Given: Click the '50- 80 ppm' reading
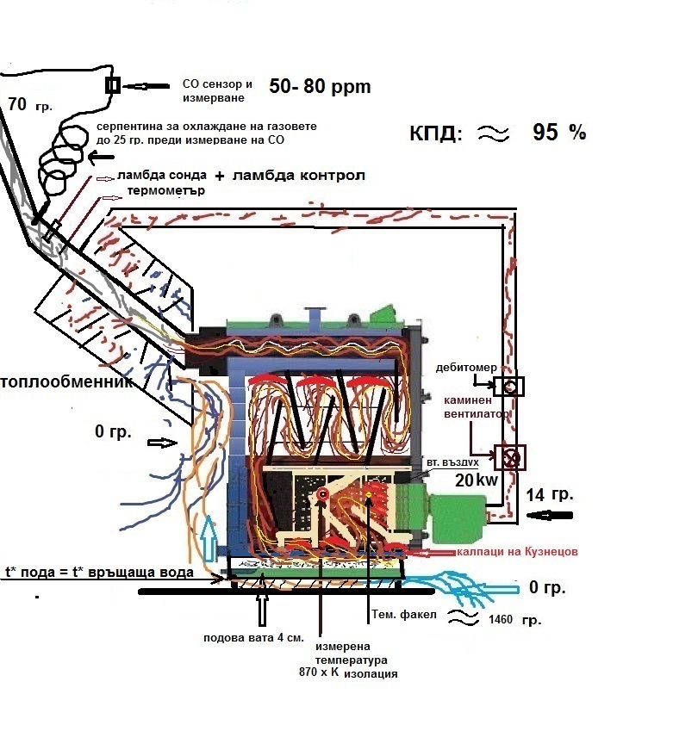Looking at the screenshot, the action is [320, 87].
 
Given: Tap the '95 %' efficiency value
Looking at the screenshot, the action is [559, 132].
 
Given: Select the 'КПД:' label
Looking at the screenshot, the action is [436, 133].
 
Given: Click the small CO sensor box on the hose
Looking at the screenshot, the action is [112, 85].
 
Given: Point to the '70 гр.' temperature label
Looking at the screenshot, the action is [29, 104].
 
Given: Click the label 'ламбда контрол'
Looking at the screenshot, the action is [299, 175].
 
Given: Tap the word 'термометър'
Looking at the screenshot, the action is [166, 190].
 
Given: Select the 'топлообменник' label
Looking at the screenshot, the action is [66, 382].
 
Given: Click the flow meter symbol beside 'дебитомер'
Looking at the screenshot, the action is [509, 387].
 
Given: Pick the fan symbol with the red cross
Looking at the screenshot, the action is [510, 457].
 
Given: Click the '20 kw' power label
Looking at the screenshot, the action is [477, 480].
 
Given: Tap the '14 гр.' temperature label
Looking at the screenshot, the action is [550, 495].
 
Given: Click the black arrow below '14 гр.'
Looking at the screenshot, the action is [550, 516].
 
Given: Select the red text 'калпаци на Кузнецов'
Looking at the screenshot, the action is [517, 551].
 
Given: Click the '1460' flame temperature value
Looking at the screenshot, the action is [501, 620].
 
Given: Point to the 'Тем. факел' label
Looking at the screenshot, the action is [404, 615].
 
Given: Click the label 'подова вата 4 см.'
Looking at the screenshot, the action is [253, 638].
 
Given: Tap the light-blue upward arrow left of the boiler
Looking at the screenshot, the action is [209, 538].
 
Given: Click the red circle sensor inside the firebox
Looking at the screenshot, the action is [322, 493].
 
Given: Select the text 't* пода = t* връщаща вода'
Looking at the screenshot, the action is [99, 573].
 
